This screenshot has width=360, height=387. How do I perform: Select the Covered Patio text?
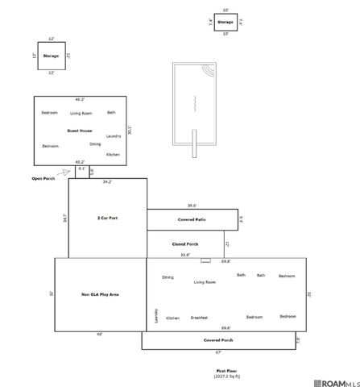coord(192,219)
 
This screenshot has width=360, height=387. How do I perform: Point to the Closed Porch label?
coord(185,243)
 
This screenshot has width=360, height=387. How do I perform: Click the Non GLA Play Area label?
coord(101,295)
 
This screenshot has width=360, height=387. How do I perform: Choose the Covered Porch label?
coord(218,341)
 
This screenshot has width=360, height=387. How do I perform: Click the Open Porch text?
coord(43,178)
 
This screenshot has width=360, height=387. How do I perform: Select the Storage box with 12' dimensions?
coord(52,56)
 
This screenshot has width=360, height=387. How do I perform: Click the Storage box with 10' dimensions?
coord(226,23)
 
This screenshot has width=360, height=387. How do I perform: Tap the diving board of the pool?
coord(193,144)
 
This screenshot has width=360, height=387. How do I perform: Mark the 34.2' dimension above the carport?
coord(107,182)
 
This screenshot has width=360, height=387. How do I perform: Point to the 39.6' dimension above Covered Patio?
coord(192,206)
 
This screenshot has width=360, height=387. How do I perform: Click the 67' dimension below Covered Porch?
coord(218,352)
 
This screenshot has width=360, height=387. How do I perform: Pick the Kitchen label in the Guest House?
coord(113,154)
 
